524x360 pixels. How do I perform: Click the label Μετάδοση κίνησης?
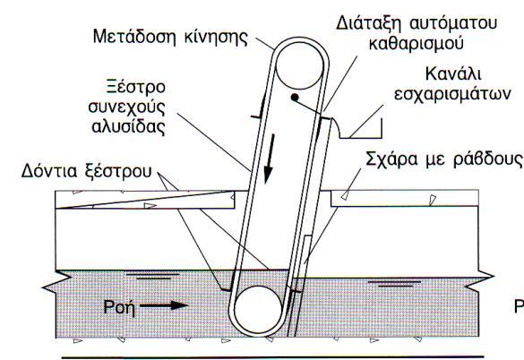[170, 37]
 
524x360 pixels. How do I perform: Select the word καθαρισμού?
[416, 44]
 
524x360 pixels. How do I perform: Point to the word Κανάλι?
[453, 73]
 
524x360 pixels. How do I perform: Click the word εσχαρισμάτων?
[453, 94]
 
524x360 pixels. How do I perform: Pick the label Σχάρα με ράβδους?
[443, 159]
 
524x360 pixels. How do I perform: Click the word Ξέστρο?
[136, 87]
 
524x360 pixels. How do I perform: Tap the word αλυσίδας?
[129, 126]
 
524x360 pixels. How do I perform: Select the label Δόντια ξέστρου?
[86, 171]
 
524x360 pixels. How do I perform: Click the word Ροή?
[119, 307]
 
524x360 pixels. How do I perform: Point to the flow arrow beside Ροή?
[164, 305]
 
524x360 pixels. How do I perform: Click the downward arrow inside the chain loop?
[270, 159]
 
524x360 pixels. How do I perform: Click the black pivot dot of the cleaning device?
[295, 98]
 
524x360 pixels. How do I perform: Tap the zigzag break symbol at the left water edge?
[56, 282]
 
